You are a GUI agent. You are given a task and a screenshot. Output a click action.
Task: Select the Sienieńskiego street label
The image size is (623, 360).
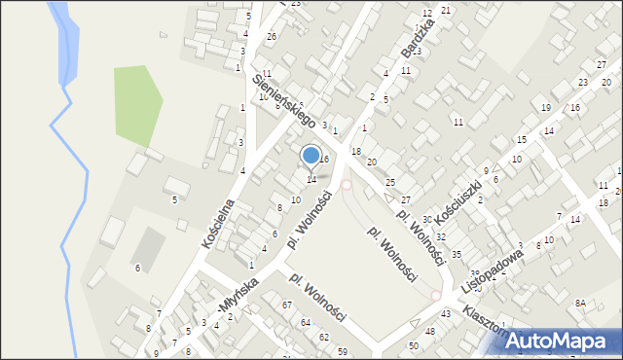tap(285, 102)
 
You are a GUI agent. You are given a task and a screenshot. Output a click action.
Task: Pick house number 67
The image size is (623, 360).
tap(287, 306)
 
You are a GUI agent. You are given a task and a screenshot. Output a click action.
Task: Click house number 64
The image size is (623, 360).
tap(306, 322)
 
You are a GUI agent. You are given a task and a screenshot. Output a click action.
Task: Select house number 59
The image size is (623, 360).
tap(342, 351)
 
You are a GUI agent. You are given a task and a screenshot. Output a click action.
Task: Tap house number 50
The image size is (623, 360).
tap(414, 345)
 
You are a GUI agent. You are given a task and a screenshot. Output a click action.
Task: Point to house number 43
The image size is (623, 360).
tap(445, 313)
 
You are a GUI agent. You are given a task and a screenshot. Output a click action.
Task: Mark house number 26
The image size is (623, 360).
tap(272, 37)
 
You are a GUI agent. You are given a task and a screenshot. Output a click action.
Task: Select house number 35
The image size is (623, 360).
tap(456, 254)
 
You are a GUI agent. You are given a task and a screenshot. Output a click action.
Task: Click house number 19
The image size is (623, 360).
tap(545, 108)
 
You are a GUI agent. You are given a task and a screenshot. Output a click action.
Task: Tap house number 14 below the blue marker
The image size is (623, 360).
tap(311, 179)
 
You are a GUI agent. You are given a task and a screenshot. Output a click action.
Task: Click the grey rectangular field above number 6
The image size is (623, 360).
tap(149, 246)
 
